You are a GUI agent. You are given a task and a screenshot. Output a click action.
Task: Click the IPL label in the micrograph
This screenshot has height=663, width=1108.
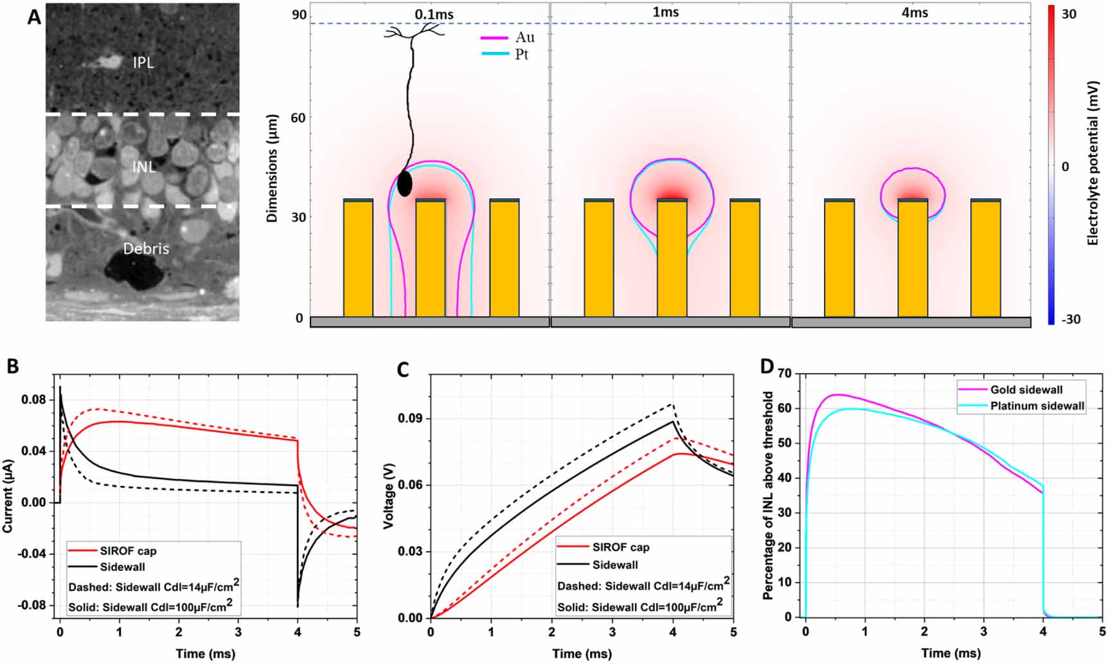coord(143,62)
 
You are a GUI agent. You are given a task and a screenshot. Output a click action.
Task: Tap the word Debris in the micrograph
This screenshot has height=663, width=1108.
coord(146,248)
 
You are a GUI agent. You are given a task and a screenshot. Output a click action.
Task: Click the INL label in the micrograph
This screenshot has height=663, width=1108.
coord(143,167)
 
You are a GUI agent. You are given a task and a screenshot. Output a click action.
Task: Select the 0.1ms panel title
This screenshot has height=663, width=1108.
coord(434,14)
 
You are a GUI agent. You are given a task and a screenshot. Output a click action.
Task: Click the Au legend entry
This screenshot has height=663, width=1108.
coord(508,37)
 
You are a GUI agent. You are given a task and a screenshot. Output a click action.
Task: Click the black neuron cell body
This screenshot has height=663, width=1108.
coord(404,184)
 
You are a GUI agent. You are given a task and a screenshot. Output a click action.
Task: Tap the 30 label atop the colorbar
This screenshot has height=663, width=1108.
coord(1068,14)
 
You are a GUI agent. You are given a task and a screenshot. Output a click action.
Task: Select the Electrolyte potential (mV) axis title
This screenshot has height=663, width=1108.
coord(1092,163)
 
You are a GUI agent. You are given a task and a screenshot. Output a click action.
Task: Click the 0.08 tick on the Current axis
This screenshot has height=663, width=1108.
coord(33,400)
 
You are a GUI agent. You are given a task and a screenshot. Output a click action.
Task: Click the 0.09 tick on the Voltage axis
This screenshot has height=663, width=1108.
coord(409,419)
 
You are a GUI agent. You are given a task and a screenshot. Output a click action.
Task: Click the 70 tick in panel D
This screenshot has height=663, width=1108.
coord(784,373)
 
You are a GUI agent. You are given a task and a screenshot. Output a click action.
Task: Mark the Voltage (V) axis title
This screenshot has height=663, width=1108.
coord(388,495)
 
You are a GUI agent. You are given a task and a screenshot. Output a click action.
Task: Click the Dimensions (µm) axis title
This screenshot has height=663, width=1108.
coord(272,168)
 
